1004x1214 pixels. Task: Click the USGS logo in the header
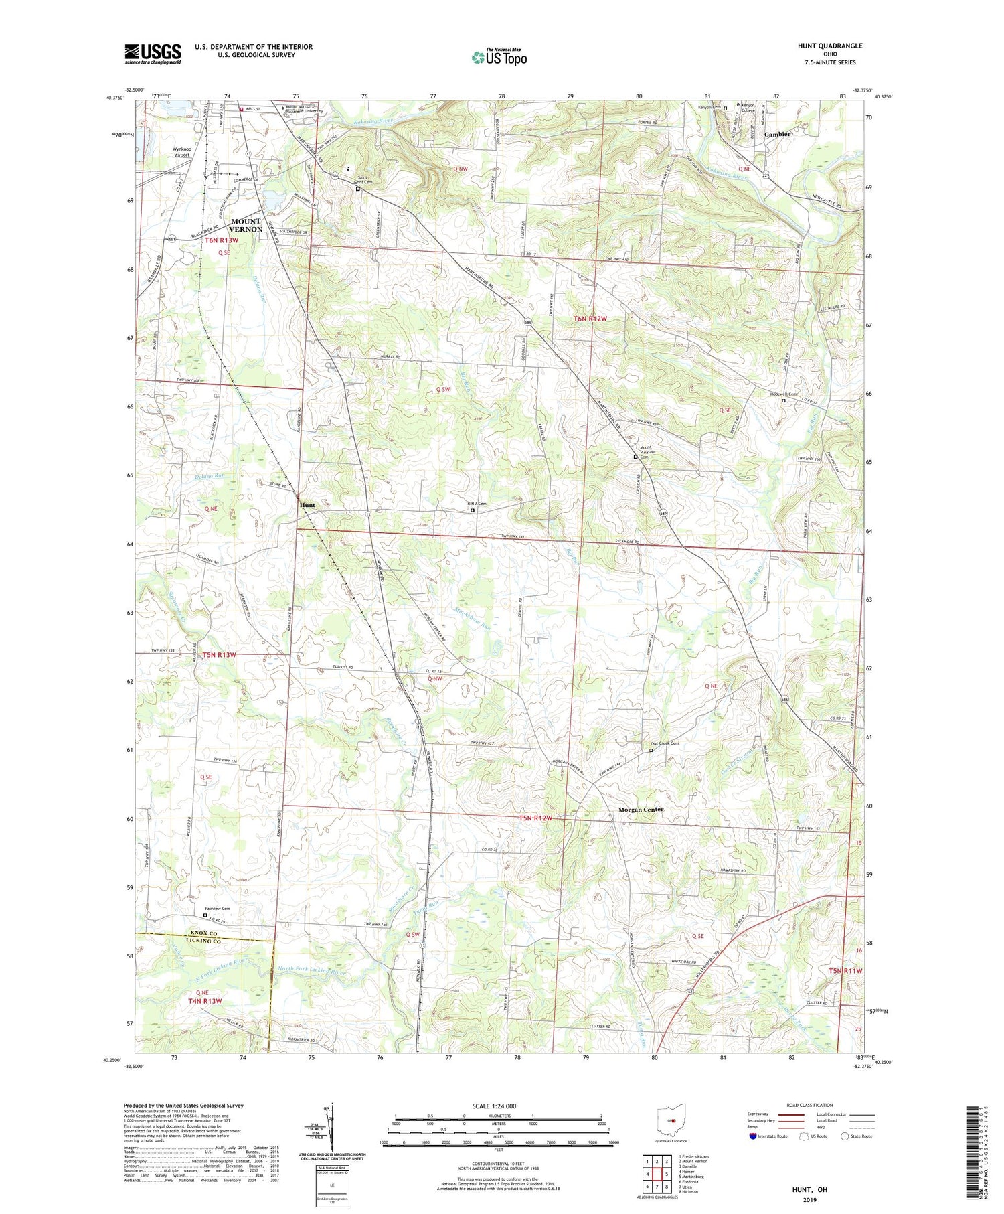153,54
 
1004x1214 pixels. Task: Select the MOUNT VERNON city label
246,225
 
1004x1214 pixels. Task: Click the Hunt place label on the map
307,505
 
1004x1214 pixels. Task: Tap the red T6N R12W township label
590,319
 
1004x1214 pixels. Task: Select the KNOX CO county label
203,932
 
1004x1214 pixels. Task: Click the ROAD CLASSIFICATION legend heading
810,1105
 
